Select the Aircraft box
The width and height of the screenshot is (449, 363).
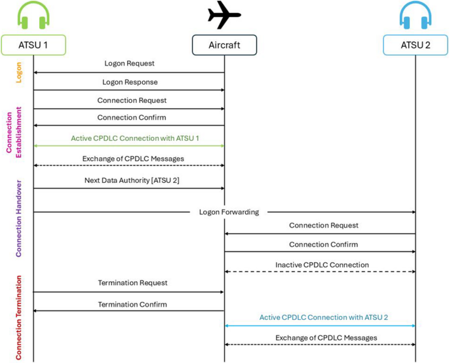[224, 44]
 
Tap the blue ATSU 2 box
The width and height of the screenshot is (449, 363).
[416, 44]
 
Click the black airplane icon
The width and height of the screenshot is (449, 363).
[225, 14]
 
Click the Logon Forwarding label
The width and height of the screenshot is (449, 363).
[224, 212]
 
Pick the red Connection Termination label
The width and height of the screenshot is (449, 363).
[19, 314]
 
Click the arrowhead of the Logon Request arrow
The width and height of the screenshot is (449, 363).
[36, 73]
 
